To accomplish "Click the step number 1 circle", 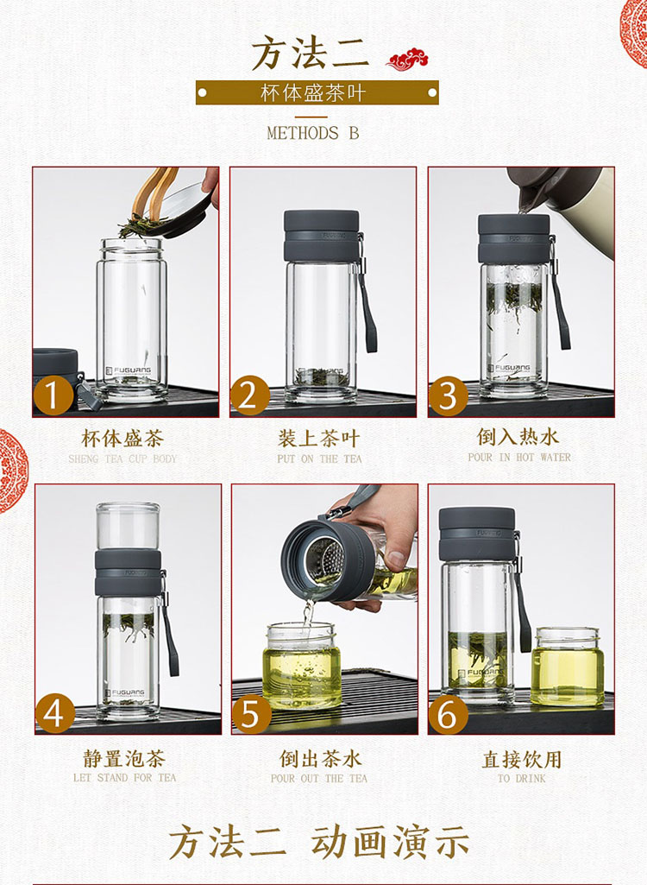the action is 53,395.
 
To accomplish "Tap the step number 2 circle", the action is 250,395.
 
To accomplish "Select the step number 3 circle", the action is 449,396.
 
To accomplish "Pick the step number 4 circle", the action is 54,713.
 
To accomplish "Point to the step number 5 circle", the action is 251,713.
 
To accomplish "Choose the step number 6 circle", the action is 448,714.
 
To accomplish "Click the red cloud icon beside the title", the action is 407,60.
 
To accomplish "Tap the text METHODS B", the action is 313,133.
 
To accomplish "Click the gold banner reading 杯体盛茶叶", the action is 317,92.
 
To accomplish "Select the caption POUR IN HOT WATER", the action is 519,457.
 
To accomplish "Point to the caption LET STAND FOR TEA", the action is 125,778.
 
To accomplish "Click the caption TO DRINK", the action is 521,778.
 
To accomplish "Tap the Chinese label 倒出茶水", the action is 320,759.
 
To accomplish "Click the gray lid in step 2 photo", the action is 322,236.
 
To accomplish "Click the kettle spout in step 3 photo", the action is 525,199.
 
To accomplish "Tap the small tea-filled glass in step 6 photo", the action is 568,667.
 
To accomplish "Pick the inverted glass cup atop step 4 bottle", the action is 128,526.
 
